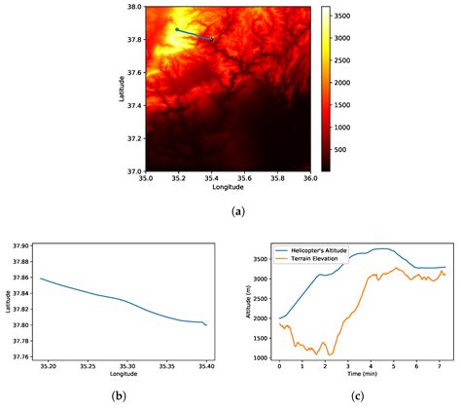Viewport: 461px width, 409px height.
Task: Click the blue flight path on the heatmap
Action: coord(195,35)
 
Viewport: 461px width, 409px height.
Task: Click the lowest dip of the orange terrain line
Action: coord(331,353)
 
